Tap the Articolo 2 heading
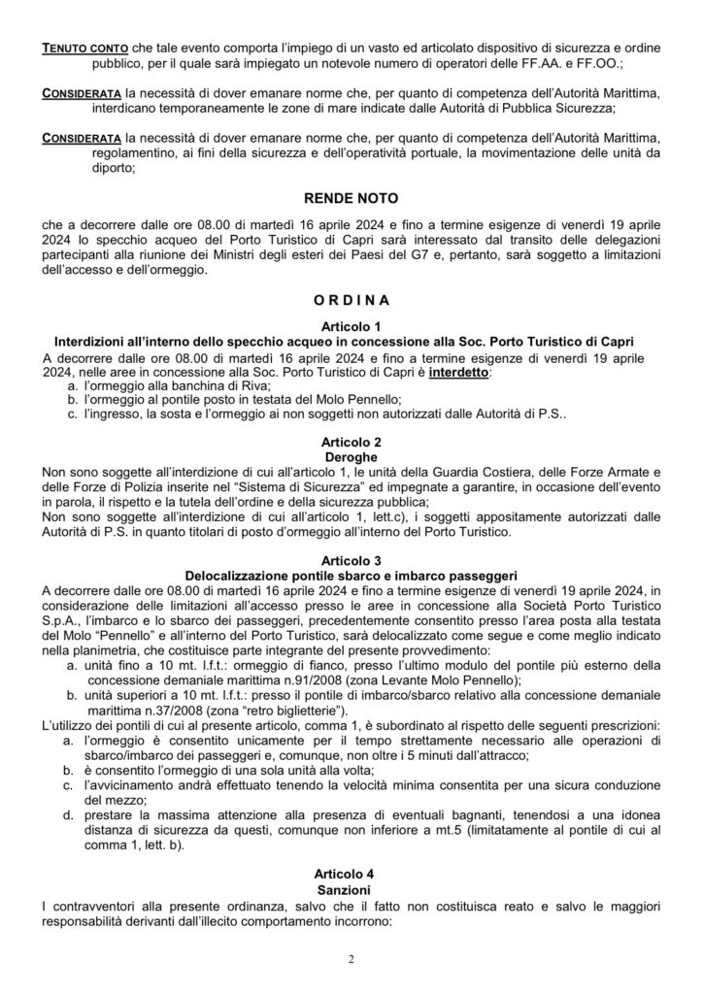351,441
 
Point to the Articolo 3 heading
351,560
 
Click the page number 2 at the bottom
351,960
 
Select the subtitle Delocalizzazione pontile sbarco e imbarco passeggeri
351,575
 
